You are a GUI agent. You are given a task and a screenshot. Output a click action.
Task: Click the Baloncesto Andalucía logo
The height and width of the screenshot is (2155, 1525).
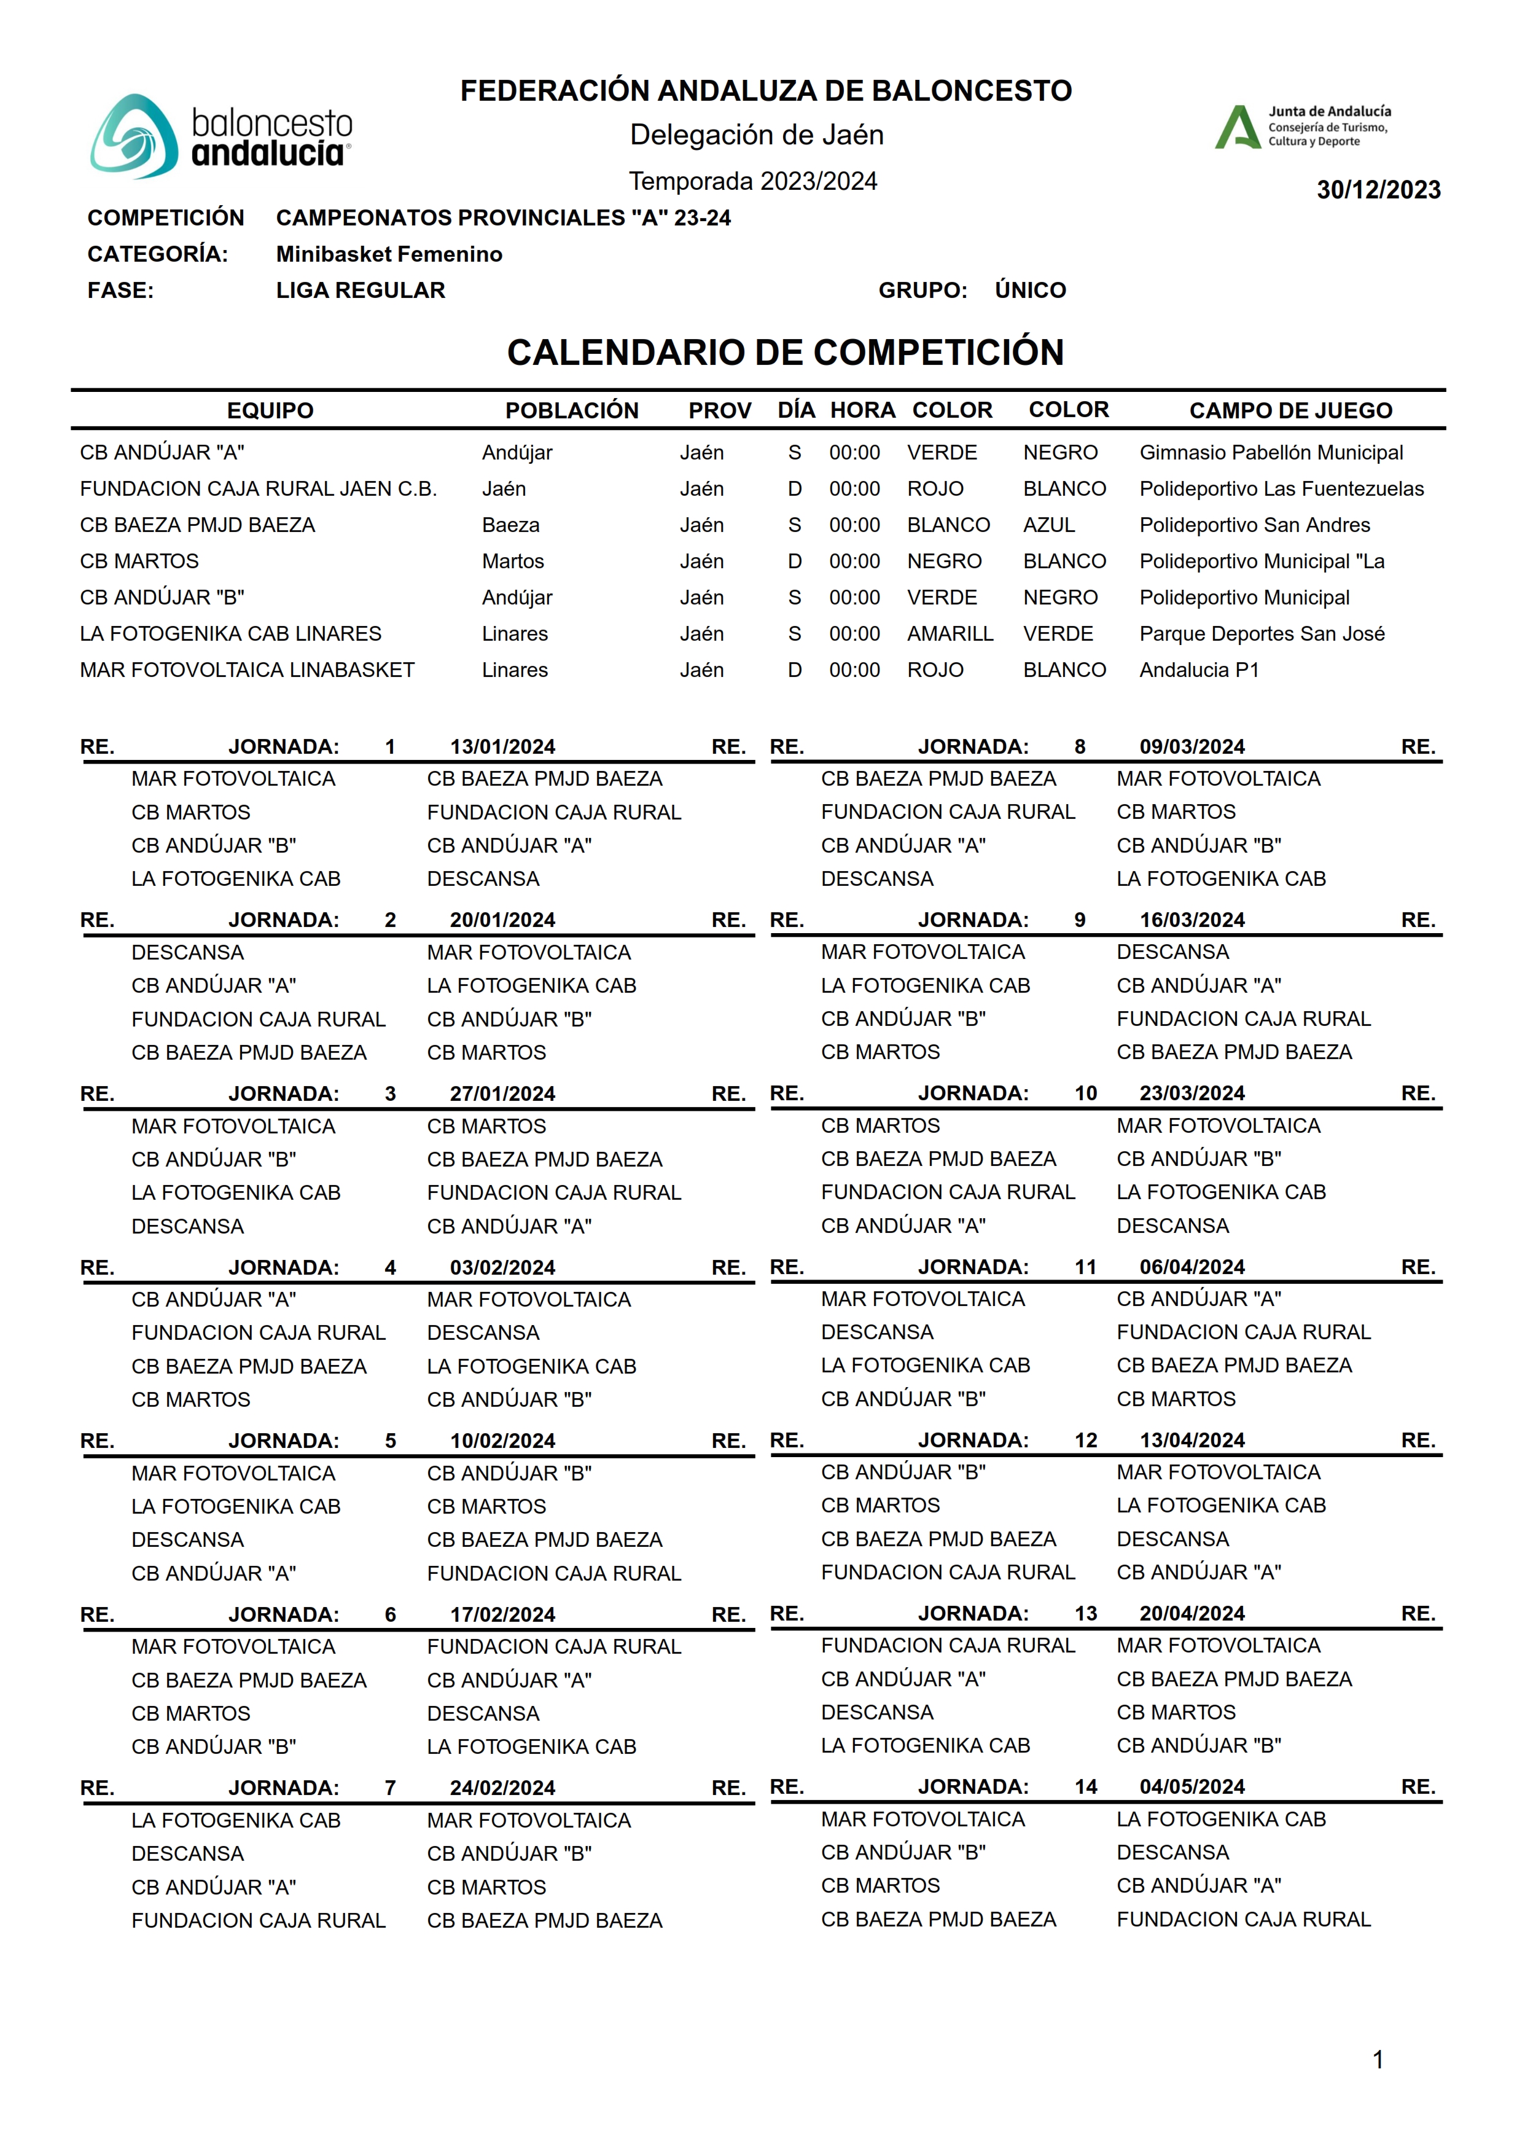coord(222,136)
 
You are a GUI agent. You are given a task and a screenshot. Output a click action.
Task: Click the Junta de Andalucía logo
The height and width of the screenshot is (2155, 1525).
coord(1303,127)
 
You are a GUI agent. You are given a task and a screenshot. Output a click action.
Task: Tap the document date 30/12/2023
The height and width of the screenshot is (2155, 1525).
coord(1378,190)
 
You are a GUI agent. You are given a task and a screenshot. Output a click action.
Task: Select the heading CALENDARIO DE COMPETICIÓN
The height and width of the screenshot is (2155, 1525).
coord(785,353)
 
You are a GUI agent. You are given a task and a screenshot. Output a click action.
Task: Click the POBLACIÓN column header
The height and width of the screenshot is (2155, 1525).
coord(571,410)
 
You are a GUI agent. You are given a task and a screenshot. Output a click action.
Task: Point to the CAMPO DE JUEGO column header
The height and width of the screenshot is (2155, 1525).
coord(1290,410)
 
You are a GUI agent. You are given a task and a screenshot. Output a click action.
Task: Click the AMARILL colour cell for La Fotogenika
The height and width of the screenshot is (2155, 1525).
coord(950,634)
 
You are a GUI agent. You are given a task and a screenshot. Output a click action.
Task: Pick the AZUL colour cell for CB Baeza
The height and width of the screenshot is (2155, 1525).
coord(1049,525)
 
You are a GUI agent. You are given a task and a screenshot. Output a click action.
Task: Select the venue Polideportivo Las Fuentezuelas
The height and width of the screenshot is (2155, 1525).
coord(1281,489)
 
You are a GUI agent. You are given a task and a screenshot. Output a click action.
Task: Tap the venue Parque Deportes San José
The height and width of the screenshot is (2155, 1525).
coord(1261,634)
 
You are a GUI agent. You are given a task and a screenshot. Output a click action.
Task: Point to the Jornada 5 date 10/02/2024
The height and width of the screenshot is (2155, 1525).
coord(502,1441)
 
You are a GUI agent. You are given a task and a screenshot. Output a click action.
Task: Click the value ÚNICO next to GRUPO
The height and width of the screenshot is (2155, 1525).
coord(1030,290)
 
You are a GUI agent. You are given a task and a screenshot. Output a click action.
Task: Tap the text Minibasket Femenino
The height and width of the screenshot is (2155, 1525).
coord(389,254)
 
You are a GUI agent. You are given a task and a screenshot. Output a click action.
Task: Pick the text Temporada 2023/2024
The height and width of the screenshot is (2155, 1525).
coord(752,181)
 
